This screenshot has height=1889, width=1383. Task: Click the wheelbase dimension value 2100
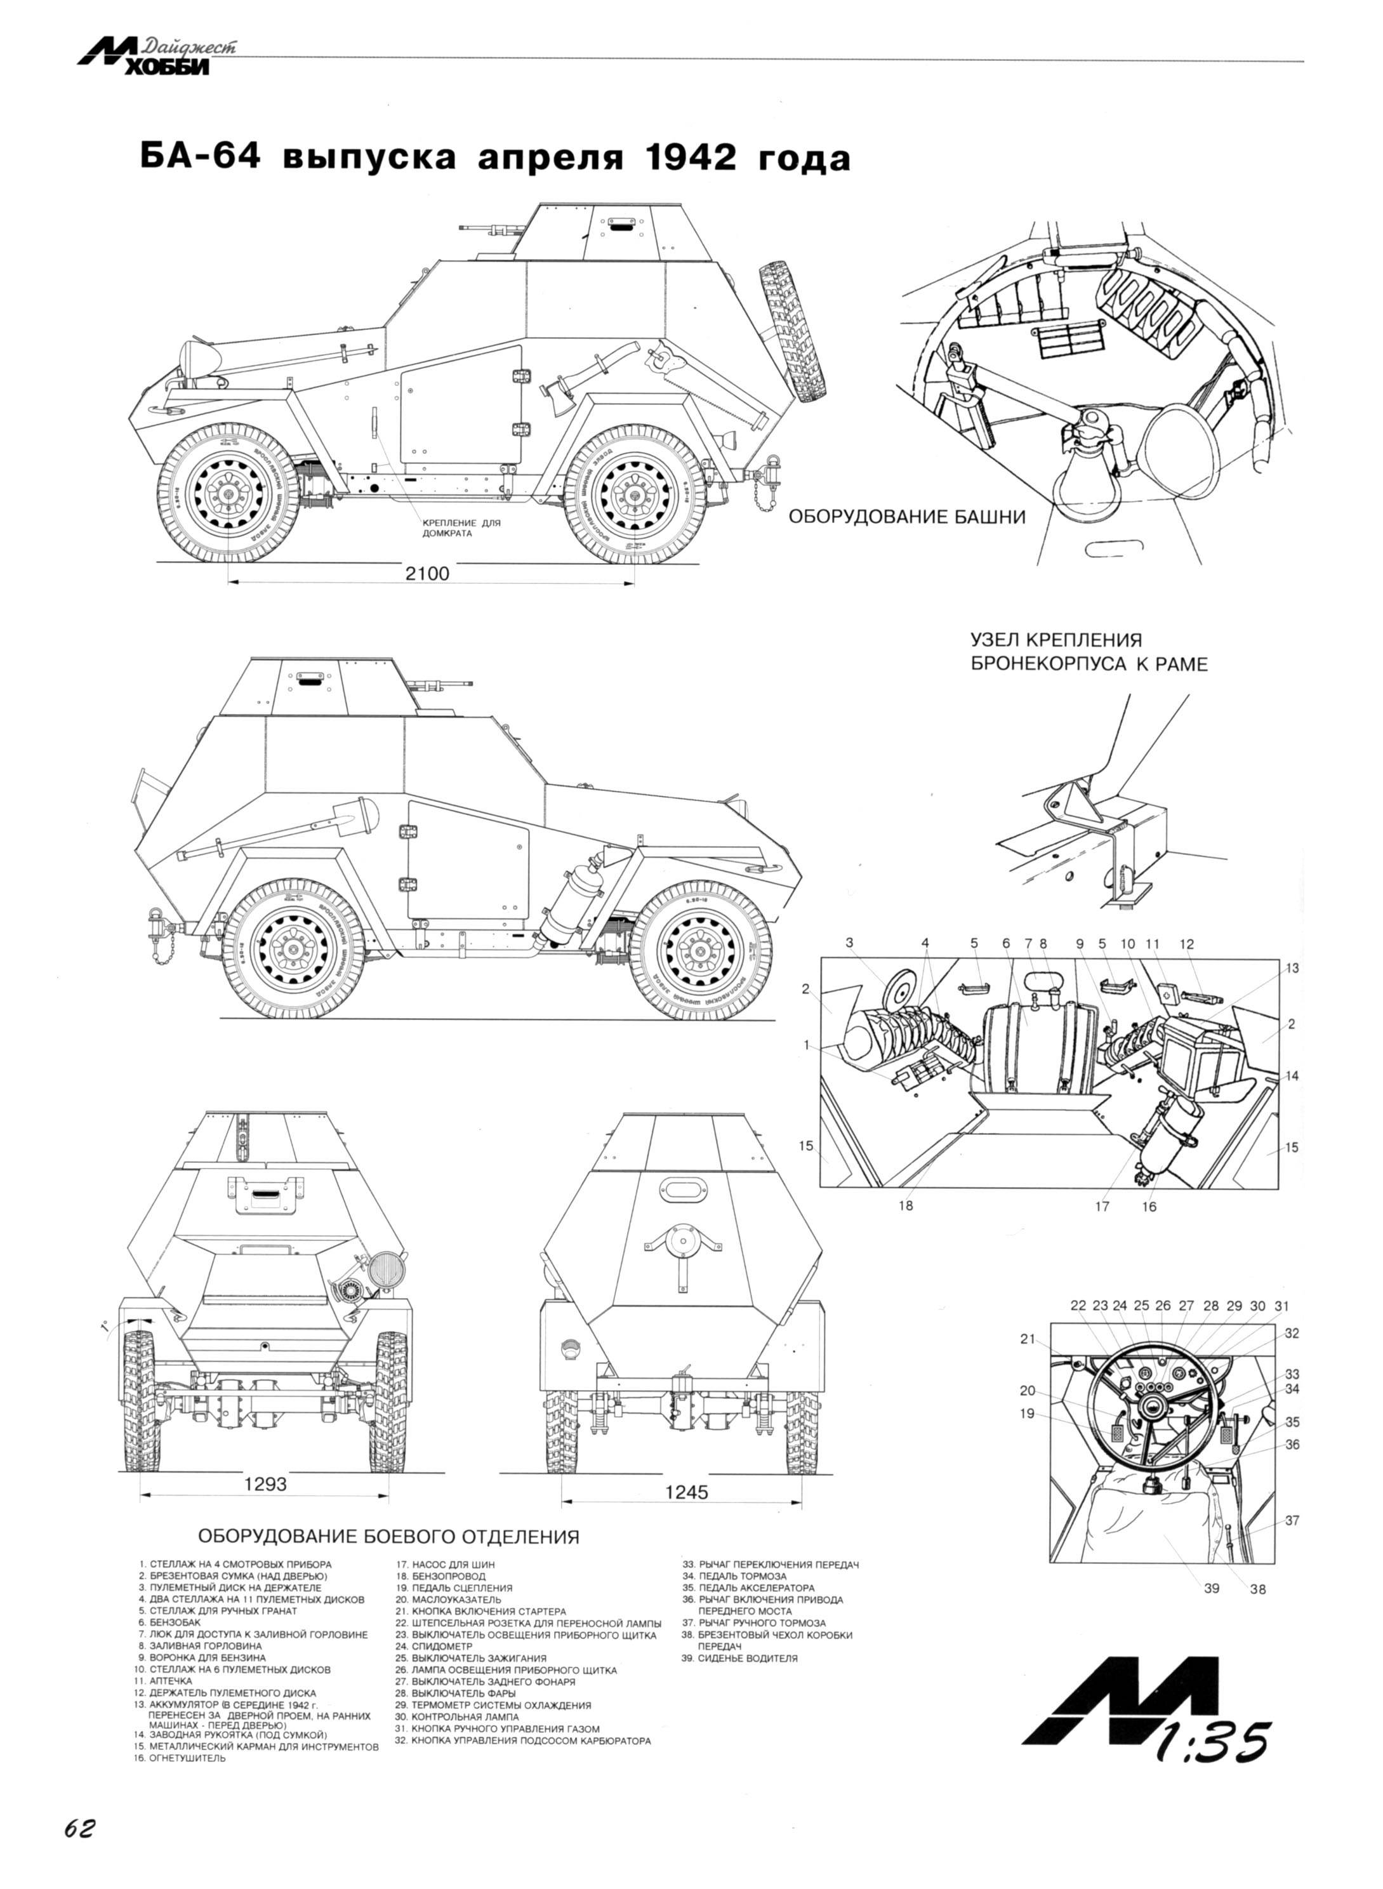427,574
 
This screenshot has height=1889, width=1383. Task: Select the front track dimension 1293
265,1484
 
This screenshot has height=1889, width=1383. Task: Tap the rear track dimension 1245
687,1491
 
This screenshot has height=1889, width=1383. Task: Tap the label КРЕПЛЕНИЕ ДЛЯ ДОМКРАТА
460,528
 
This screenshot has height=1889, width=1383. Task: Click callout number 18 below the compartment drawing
906,1206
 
